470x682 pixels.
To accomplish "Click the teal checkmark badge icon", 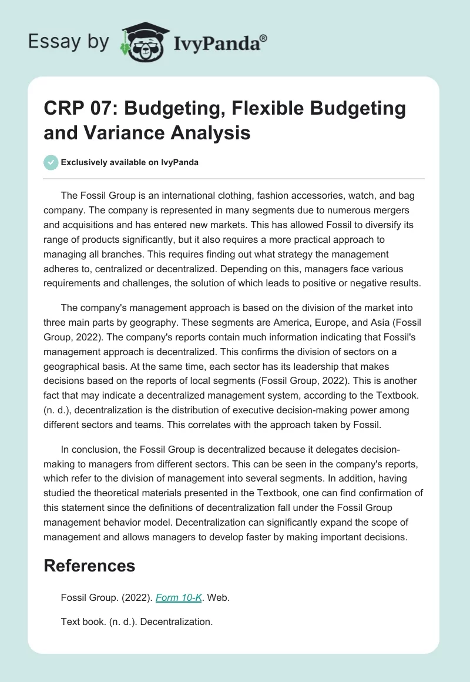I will pyautogui.click(x=51, y=162).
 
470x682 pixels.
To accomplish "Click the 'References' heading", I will pyautogui.click(x=89, y=566).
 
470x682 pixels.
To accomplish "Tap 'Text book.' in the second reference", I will pyautogui.click(x=82, y=621).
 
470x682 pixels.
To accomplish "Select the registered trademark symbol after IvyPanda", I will pyautogui.click(x=264, y=37).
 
